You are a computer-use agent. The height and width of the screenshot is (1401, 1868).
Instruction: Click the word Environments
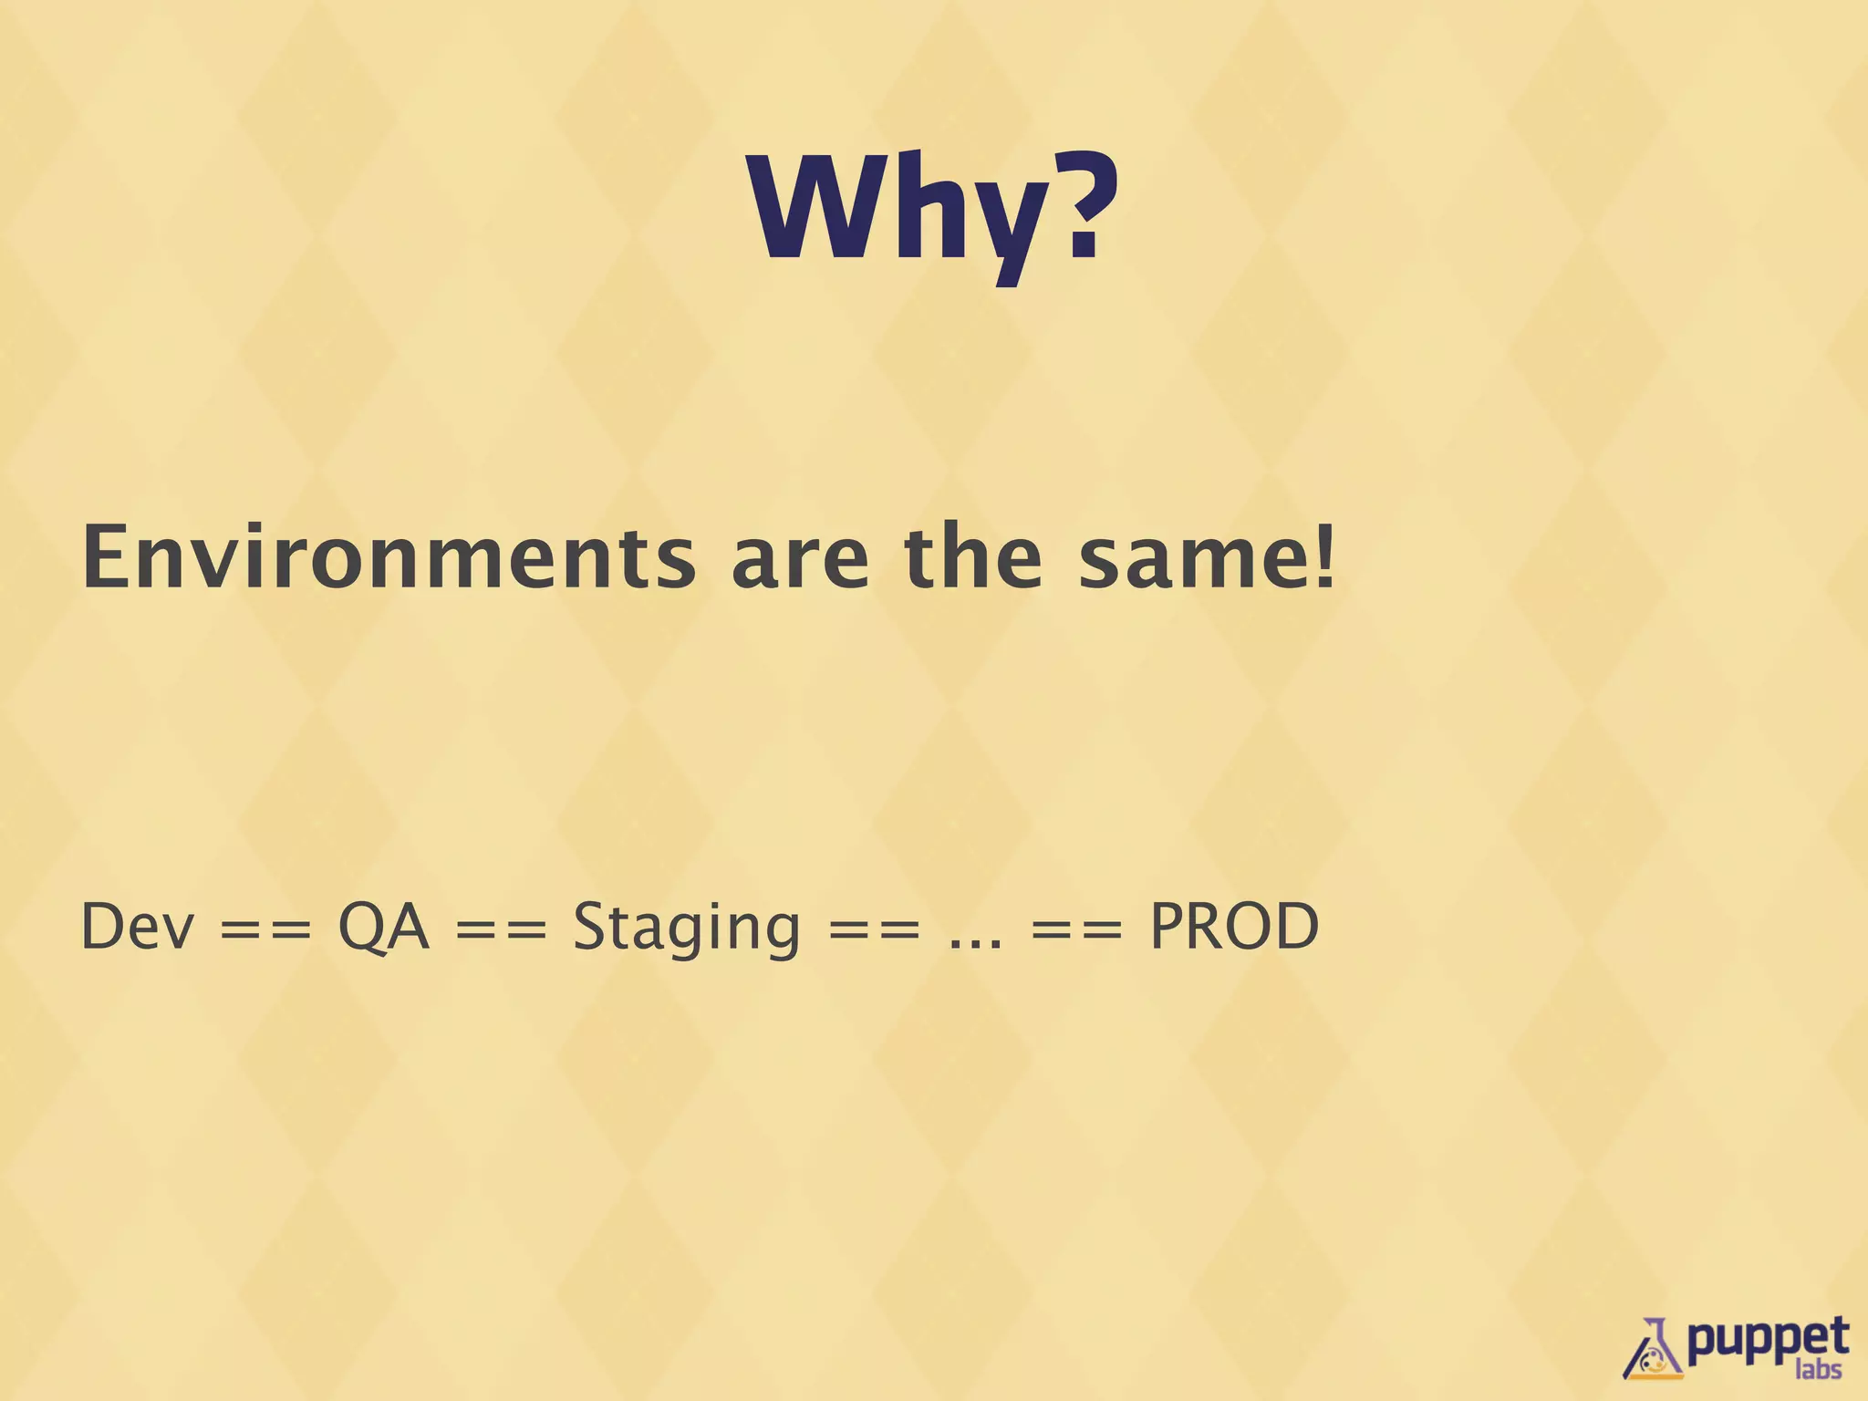click(x=389, y=558)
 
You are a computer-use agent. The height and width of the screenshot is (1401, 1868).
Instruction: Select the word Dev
click(x=137, y=927)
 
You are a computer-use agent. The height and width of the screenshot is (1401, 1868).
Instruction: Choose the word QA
click(x=383, y=927)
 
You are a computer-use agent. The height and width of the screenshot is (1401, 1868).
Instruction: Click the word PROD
click(x=1233, y=927)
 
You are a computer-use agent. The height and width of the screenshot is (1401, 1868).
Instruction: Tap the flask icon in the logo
click(x=1653, y=1350)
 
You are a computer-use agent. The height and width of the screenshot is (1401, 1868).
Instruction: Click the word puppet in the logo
click(x=1766, y=1339)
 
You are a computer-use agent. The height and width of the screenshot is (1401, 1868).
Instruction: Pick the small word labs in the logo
click(x=1818, y=1370)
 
